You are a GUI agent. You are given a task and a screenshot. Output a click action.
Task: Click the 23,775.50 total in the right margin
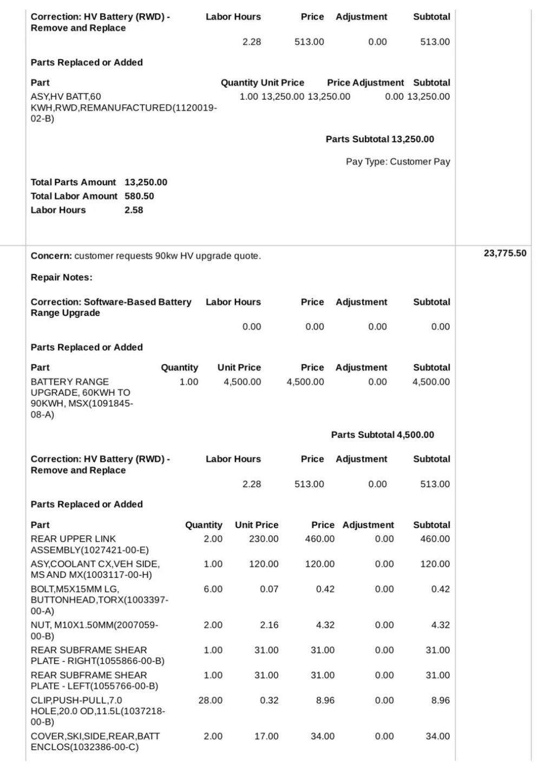click(505, 253)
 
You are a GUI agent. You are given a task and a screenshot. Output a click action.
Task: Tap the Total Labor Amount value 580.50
click(139, 196)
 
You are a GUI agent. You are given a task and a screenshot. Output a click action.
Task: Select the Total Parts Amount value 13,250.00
click(146, 182)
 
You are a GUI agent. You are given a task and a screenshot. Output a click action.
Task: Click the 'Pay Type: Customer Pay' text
click(398, 161)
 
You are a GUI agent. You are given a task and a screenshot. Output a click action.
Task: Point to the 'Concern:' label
click(51, 256)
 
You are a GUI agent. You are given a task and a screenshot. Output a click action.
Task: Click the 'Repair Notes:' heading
click(61, 277)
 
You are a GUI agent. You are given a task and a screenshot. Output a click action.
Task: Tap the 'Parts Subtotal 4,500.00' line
click(382, 435)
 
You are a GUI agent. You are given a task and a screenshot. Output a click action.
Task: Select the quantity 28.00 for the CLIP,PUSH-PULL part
click(210, 700)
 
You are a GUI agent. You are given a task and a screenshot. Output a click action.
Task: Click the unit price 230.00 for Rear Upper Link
click(264, 539)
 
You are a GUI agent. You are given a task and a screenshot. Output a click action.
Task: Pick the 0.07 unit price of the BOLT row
click(269, 589)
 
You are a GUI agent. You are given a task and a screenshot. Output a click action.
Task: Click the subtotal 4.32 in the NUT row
click(440, 625)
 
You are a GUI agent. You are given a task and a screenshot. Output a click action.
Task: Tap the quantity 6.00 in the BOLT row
click(213, 589)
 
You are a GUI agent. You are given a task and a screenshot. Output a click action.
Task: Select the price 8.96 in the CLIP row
click(325, 700)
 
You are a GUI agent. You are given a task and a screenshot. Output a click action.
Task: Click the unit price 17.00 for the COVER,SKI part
click(266, 736)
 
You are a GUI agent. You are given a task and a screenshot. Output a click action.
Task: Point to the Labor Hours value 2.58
click(134, 210)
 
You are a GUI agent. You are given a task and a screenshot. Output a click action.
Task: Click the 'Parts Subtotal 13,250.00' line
click(379, 139)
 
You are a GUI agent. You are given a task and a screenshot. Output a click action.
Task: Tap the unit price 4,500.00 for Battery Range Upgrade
click(242, 382)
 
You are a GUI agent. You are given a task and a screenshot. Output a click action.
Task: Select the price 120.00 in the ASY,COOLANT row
click(319, 564)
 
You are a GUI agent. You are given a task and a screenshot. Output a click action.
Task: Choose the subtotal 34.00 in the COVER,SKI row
click(437, 736)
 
